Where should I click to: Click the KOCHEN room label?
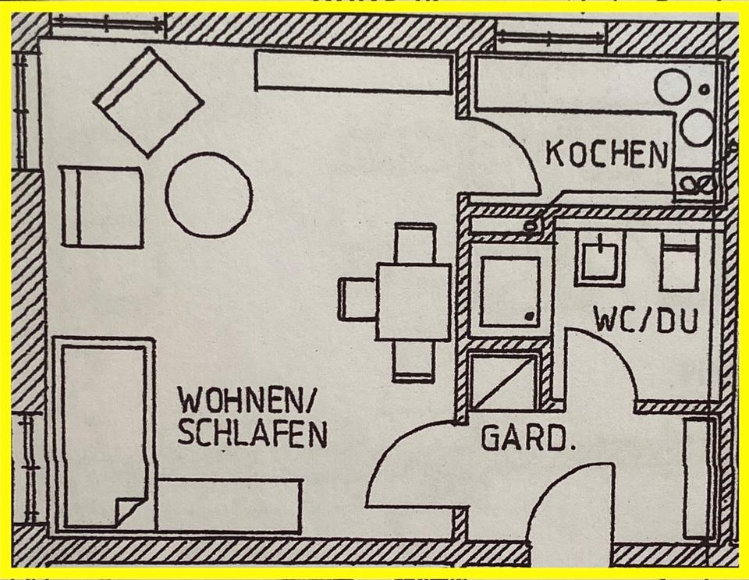pyautogui.click(x=606, y=154)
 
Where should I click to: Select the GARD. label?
pyautogui.click(x=524, y=439)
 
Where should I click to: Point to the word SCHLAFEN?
pyautogui.click(x=251, y=433)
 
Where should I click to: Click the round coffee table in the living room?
pyautogui.click(x=208, y=195)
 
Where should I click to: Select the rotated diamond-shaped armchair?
pyautogui.click(x=148, y=101)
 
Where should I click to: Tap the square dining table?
pyautogui.click(x=413, y=302)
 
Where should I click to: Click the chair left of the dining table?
pyautogui.click(x=356, y=299)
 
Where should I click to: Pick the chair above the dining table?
pyautogui.click(x=414, y=242)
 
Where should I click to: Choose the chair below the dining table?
pyautogui.click(x=413, y=362)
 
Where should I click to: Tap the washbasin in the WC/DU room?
pyautogui.click(x=599, y=258)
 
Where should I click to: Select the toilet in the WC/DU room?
pyautogui.click(x=678, y=261)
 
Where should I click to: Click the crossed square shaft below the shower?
pyautogui.click(x=504, y=382)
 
